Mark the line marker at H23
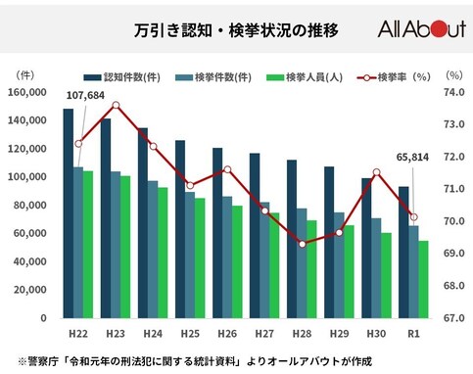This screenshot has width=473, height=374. pos(116,105)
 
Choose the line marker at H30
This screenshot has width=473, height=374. pos(376,172)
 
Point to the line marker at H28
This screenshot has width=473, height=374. pos(302,244)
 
